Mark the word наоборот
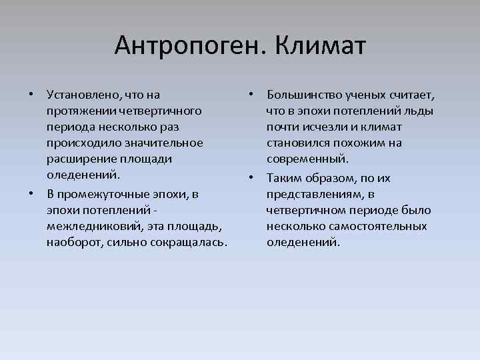[x=72, y=242]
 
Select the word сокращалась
[x=189, y=242]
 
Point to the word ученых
[x=367, y=95]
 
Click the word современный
[x=308, y=159]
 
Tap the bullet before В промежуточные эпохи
[x=31, y=193]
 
